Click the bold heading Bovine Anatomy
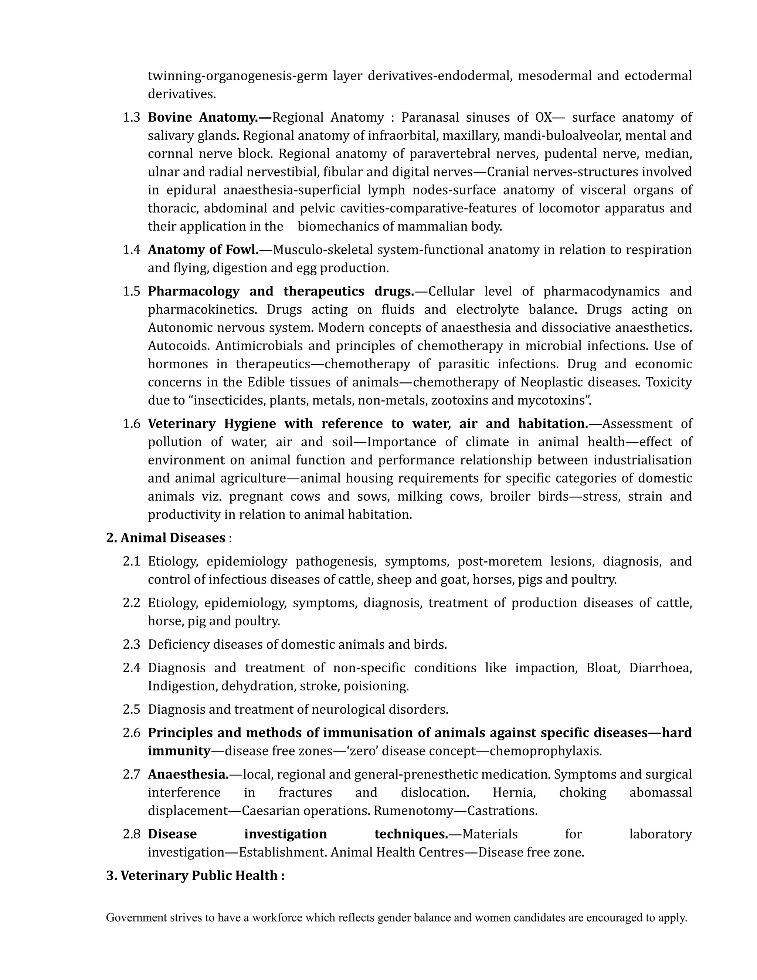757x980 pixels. [210, 118]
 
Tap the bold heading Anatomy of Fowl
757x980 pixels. [203, 250]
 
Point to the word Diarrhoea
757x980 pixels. [660, 668]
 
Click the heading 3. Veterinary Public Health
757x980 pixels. [195, 876]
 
